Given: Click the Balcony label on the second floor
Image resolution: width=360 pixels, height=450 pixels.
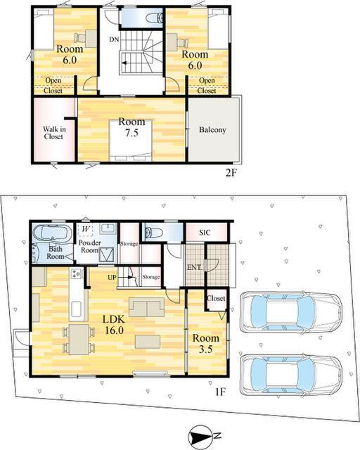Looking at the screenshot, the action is click(x=212, y=129).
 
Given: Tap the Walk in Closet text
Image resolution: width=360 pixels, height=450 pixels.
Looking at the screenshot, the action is click(x=54, y=133).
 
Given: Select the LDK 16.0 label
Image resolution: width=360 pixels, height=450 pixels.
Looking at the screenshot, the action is click(x=114, y=325).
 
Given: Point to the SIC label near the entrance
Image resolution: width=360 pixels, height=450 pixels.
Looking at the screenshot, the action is click(x=205, y=233).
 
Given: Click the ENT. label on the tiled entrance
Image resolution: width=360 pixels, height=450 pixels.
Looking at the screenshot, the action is click(x=194, y=267).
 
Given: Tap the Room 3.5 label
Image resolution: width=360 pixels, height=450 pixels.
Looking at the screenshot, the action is click(x=205, y=343).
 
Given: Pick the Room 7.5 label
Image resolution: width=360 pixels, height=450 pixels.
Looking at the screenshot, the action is click(x=131, y=127).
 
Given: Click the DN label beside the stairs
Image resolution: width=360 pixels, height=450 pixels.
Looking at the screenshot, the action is click(x=114, y=39).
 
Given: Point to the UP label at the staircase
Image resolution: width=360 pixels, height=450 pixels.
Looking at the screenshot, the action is click(x=112, y=277).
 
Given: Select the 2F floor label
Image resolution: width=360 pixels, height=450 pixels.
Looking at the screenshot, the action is click(x=231, y=173).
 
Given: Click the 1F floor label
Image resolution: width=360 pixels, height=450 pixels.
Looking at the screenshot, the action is click(x=221, y=392).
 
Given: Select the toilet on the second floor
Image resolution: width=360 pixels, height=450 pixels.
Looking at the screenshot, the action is click(x=155, y=18).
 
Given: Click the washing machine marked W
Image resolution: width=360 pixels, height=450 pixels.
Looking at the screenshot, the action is click(x=86, y=229).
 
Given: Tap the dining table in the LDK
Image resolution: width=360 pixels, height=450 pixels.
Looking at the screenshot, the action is click(x=79, y=340).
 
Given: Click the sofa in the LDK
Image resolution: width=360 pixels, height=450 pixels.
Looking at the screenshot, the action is click(x=147, y=307).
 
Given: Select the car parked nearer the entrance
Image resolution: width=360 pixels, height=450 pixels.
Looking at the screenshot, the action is click(x=290, y=312).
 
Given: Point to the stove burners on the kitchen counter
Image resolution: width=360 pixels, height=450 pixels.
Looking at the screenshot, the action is click(x=77, y=274).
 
